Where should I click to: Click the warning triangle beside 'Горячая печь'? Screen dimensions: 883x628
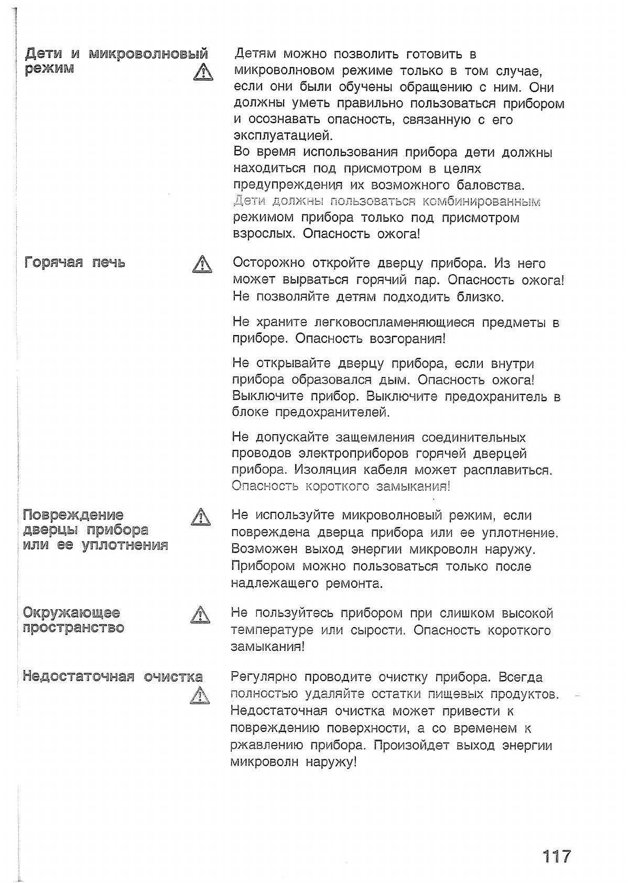201,264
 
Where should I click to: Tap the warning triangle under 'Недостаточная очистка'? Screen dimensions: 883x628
200,696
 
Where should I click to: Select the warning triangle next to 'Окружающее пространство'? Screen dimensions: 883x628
200,615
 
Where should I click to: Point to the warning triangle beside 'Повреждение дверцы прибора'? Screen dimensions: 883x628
201,518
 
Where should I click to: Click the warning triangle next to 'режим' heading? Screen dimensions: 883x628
202,72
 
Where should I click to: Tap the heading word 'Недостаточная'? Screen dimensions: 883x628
79,676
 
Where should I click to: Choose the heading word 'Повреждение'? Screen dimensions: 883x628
73,514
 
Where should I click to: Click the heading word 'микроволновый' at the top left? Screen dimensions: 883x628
148,53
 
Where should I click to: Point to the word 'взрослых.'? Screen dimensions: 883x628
264,234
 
